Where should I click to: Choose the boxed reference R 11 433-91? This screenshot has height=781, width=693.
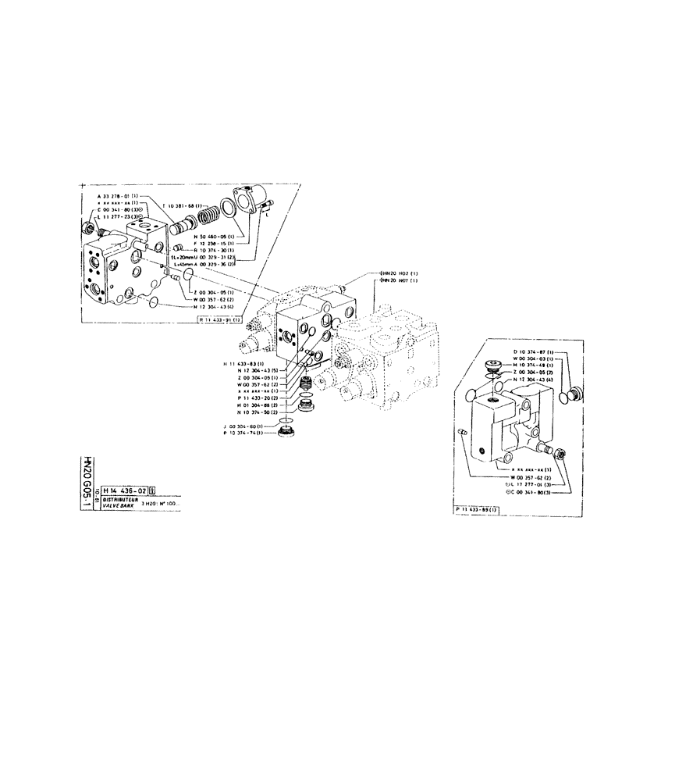tap(221, 320)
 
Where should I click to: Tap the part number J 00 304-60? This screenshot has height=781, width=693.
tap(243, 426)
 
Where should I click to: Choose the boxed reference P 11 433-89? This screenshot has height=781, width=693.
tap(478, 509)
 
